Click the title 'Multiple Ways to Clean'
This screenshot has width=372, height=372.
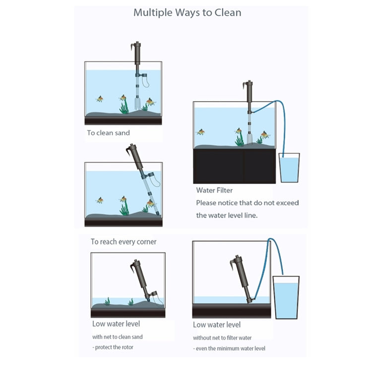(187, 12)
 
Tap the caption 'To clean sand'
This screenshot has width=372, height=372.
(108, 133)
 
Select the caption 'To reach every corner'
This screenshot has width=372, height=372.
(124, 242)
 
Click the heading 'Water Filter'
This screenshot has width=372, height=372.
(214, 190)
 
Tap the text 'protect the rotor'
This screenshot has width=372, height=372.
(114, 347)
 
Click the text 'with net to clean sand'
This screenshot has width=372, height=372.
(117, 337)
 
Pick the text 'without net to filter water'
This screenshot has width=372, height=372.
(222, 338)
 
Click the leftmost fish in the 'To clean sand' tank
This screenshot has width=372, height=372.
(100, 99)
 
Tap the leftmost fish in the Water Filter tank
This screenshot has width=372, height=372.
(201, 132)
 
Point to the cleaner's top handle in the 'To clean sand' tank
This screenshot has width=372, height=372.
(136, 49)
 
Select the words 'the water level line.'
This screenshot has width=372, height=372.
(227, 215)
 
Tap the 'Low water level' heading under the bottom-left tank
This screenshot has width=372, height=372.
(116, 324)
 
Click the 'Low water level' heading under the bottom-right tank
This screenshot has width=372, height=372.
(217, 324)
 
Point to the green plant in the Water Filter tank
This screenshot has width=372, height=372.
(240, 140)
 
